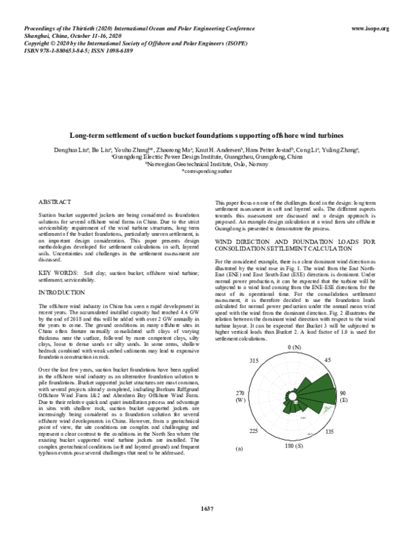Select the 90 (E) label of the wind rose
point(342,396)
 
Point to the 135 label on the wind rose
point(329,431)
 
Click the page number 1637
point(206,509)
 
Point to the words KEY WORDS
point(57,254)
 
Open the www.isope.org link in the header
point(371,28)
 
